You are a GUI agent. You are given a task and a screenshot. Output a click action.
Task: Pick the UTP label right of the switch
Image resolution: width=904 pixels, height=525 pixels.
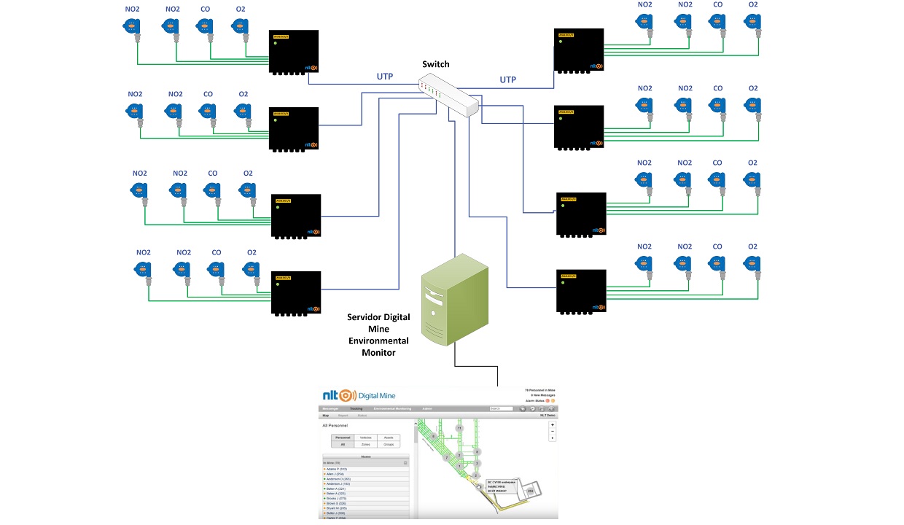pos(507,79)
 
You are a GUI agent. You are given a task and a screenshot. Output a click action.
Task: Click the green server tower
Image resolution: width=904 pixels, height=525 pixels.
pos(454,299)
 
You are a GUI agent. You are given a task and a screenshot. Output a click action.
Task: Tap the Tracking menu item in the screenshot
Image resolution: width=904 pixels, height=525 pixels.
pos(356,409)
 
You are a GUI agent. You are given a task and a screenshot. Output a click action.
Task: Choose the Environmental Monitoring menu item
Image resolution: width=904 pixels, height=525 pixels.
pos(393,409)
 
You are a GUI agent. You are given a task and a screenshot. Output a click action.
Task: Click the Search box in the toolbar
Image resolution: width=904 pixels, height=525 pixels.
pos(501,409)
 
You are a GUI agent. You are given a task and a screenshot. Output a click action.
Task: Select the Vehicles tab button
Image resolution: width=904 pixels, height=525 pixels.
pos(366,437)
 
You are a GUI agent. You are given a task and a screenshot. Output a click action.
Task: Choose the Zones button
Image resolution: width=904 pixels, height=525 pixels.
pos(366,444)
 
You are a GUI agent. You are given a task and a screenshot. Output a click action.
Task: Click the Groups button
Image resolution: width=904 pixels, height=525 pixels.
pos(389,444)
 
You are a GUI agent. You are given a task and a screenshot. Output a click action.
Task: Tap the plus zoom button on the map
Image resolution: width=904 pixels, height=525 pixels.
pos(553,424)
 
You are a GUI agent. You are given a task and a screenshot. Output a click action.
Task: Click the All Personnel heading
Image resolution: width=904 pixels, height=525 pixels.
pos(335,425)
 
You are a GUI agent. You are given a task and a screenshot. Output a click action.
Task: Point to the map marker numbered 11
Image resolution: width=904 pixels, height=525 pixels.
pos(459,427)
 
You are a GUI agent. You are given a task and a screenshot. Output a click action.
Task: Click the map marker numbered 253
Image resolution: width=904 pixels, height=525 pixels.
pos(531,492)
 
